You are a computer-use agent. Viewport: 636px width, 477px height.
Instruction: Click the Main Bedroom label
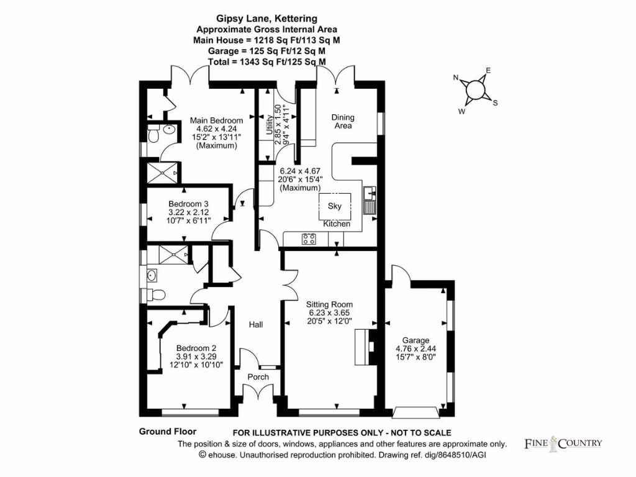216,120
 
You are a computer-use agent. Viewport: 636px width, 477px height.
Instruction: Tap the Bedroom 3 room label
189,204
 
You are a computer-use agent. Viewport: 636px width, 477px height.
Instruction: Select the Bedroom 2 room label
196,348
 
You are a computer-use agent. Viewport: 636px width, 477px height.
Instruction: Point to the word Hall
256,325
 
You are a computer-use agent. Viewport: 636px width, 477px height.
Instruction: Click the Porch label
258,377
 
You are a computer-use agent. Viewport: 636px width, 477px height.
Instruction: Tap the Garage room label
416,340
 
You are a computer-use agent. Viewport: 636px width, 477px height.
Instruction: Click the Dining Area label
342,121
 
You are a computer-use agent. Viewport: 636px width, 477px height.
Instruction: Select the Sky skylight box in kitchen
335,206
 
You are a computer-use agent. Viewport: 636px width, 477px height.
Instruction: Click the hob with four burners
309,238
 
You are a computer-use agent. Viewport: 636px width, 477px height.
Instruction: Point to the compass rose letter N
456,78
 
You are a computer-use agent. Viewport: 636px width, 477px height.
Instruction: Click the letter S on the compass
495,103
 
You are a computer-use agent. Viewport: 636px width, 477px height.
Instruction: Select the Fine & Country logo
563,443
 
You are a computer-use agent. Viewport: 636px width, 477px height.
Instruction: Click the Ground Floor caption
168,432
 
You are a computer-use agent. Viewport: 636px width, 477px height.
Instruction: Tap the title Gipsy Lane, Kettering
267,19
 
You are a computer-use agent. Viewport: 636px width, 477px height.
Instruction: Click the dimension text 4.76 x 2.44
416,349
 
